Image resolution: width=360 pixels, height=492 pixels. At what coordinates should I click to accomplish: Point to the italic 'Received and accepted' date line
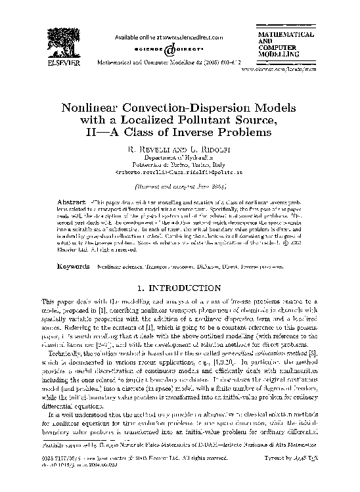179,186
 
